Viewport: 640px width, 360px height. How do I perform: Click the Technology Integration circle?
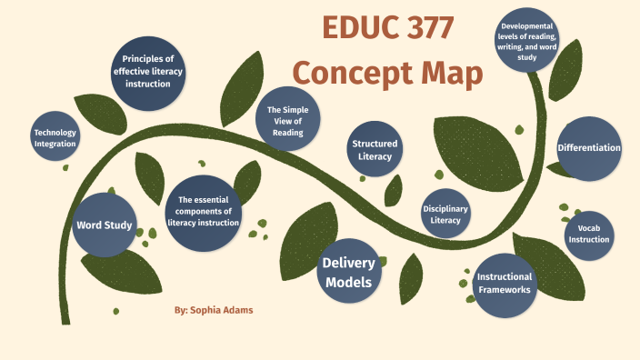point(55,137)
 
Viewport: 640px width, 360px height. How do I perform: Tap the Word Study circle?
point(105,225)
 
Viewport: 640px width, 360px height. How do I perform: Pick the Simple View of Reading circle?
point(287,122)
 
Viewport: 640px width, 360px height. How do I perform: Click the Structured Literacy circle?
point(375,149)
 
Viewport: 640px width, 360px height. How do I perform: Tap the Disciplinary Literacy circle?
point(445,215)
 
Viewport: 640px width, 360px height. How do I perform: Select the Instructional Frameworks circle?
point(505,283)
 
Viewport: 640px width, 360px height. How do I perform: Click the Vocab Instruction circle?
point(584,234)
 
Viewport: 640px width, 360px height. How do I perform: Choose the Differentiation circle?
point(589,147)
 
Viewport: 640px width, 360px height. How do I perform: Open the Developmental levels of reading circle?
point(526,44)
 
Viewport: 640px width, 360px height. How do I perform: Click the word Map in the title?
point(447,75)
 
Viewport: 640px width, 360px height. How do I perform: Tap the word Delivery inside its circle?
point(347,264)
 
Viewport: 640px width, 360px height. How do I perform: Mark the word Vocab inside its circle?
point(584,227)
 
